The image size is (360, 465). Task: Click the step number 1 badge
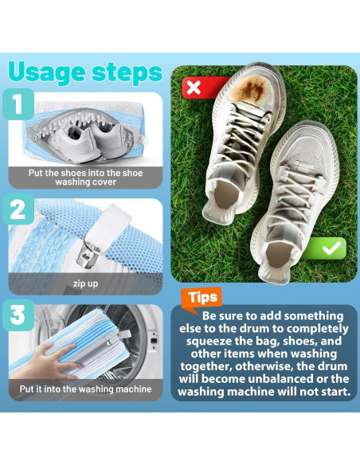(18, 104)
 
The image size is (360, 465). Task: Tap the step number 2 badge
(18, 209)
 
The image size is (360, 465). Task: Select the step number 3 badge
(18, 315)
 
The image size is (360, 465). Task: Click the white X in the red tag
(194, 88)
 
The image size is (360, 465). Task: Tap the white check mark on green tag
(331, 248)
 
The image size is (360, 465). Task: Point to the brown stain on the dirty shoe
(251, 88)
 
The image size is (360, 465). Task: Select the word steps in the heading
(127, 72)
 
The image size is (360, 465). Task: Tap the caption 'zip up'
(85, 283)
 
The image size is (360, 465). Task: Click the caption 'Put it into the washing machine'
(85, 389)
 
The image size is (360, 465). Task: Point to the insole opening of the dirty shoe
(225, 194)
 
